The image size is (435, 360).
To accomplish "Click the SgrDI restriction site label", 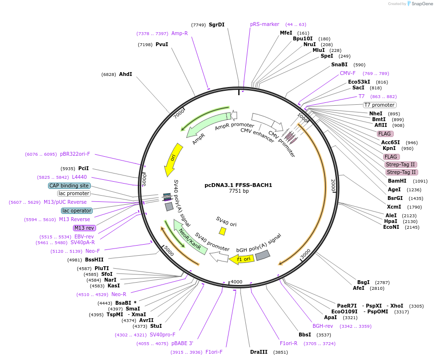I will coord(217,25).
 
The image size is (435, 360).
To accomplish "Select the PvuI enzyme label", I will coord(161,44).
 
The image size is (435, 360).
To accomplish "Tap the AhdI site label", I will coord(125,74).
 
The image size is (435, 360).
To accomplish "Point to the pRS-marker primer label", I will coord(265,24).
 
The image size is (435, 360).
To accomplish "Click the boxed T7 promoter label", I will coord(379,105).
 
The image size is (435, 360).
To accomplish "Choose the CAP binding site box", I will coord(69,186).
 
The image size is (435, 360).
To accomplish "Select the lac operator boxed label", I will coord(77,211).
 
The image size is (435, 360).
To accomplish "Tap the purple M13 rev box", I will coord(84,228).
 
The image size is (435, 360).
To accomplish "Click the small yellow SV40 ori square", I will coord(222,231).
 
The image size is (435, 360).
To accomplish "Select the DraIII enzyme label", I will coord(259,352).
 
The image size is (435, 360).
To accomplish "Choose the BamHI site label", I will coord(397,181).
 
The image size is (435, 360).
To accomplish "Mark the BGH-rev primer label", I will coord(323,326).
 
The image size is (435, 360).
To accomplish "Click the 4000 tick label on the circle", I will coord(237,281).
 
